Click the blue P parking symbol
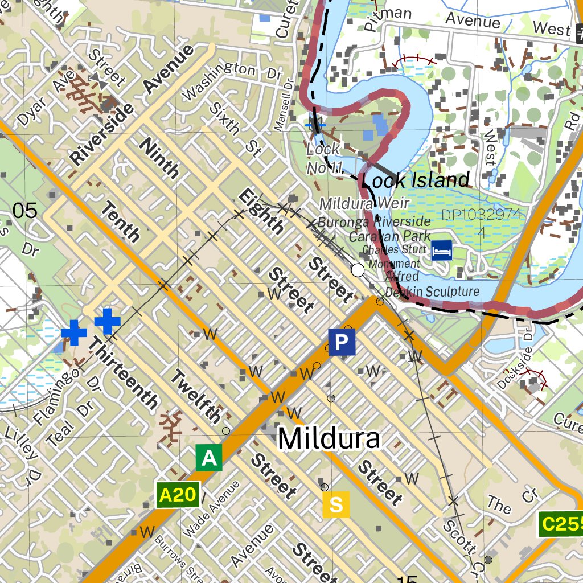point(341,342)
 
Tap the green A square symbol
point(209,458)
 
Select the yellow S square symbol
point(336,504)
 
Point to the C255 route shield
point(560,524)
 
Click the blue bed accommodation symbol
point(442,250)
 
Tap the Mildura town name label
point(329,440)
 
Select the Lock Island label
point(416,180)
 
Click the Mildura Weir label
point(364,203)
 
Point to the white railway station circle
point(358,270)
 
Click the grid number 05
point(25,211)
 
